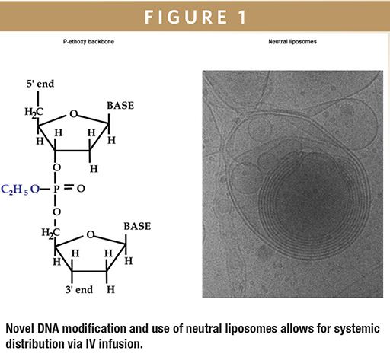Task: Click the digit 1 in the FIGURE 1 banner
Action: (x=242, y=17)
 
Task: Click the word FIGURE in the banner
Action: (x=186, y=17)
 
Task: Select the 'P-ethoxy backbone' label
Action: (x=88, y=42)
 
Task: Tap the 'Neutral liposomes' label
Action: (x=292, y=42)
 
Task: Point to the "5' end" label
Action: (x=40, y=84)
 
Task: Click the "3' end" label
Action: (x=79, y=289)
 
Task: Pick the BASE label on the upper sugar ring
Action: (x=120, y=106)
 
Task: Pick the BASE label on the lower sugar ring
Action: (x=137, y=226)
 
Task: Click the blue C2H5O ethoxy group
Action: (x=21, y=190)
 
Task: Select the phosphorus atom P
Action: (x=56, y=190)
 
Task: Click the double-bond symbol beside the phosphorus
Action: (x=69, y=187)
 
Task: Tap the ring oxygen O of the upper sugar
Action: (x=74, y=114)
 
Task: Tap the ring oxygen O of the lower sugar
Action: (x=91, y=234)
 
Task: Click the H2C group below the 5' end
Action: (x=34, y=113)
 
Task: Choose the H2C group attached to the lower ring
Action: (x=50, y=233)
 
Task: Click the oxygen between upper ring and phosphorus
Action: (x=56, y=167)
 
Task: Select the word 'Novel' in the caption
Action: (x=20, y=329)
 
